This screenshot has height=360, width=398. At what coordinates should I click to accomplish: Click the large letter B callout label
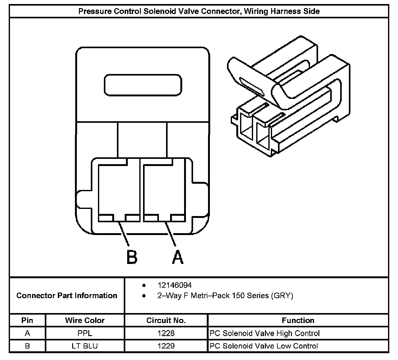pos(132,257)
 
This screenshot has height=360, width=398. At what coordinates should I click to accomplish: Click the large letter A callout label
pos(178,257)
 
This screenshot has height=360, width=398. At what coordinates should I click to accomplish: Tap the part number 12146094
pos(174,285)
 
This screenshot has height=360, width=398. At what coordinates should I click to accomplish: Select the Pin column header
pos(27,320)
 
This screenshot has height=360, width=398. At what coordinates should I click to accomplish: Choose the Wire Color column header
pos(85,320)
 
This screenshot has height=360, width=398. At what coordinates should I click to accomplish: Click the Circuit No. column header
pos(166,320)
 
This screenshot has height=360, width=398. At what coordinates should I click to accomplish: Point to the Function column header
pos(298,320)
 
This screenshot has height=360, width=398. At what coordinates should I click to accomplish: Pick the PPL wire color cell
pos(85,333)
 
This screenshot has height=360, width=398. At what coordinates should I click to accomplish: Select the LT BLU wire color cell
pos(85,346)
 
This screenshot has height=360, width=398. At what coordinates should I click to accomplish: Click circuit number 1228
pos(166,333)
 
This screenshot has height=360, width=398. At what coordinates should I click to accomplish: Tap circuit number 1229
pos(166,346)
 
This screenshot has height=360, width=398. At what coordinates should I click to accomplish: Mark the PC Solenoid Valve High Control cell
pos(265,333)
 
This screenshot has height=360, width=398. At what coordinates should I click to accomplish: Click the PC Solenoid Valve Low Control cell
pos(264,346)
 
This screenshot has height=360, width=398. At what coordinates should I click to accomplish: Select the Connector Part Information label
pos(67,295)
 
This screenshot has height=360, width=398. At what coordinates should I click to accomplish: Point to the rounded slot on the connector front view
pos(143,85)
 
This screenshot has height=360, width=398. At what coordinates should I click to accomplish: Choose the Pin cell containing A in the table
pos(27,333)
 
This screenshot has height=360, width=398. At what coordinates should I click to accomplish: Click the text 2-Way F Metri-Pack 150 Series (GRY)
pos(225,295)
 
